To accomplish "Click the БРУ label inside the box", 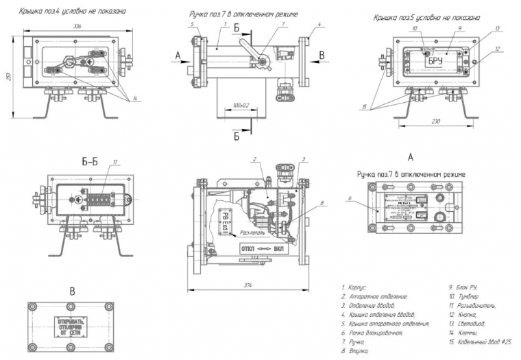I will tap(437, 62).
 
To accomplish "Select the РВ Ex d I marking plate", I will tap(225, 222).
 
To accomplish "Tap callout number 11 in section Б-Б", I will tap(115, 162).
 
